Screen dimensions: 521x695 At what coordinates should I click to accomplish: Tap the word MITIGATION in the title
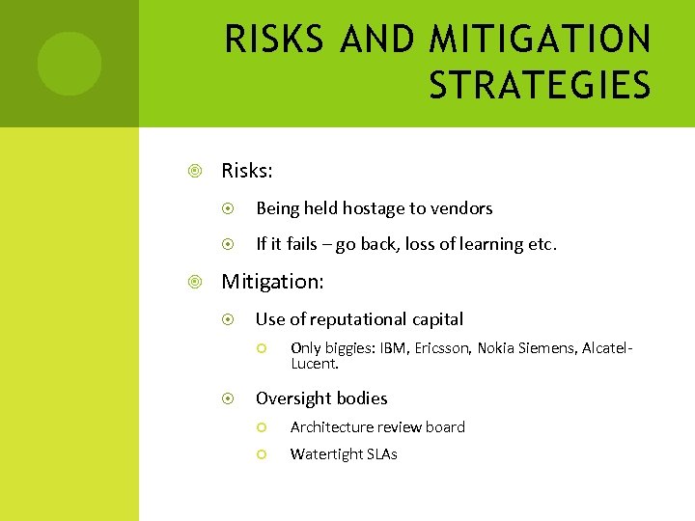pyautogui.click(x=540, y=41)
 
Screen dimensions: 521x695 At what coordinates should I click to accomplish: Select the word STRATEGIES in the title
pyautogui.click(x=540, y=84)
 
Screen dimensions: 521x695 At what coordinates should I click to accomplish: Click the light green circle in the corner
pyautogui.click(x=69, y=64)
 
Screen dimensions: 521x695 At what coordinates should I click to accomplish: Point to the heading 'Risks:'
pyautogui.click(x=247, y=171)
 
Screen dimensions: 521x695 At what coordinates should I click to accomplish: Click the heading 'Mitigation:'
pyautogui.click(x=273, y=282)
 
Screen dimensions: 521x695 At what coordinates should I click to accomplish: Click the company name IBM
pyautogui.click(x=393, y=347)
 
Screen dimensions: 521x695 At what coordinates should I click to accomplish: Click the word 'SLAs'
pyautogui.click(x=381, y=453)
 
